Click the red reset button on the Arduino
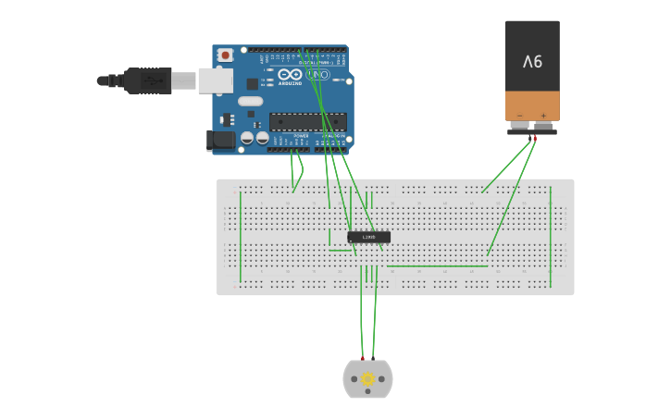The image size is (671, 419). [x=225, y=55]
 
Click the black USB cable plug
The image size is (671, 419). [x=147, y=80]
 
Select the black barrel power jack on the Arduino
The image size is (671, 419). [x=220, y=140]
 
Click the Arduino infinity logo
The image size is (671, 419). [x=290, y=75]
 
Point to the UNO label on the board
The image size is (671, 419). [x=317, y=74]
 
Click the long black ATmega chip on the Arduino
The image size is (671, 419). [x=307, y=121]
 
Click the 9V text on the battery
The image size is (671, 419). [x=532, y=62]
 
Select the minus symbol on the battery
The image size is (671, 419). [x=520, y=116]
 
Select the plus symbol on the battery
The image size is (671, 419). [x=543, y=116]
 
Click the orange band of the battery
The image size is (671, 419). [x=532, y=104]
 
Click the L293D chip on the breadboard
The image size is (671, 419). [x=368, y=237]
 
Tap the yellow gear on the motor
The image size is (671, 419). [x=367, y=378]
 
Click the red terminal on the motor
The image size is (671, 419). [x=362, y=358]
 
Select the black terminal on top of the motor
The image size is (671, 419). [x=374, y=358]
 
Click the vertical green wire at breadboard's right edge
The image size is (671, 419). [x=551, y=236]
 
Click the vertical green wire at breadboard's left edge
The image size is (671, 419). [x=241, y=236]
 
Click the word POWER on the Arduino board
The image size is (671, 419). [x=301, y=136]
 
